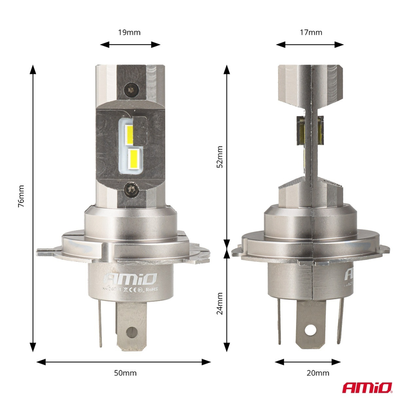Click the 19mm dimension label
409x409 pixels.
[129, 32]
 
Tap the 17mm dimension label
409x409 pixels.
[311, 32]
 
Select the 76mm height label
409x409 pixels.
[21, 196]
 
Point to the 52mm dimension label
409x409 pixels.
[220, 157]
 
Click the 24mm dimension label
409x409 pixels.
[220, 303]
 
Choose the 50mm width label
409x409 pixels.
[125, 373]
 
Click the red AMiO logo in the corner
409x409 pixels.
[367, 388]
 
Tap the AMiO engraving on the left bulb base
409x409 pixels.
[131, 279]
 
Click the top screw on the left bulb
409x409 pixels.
[131, 88]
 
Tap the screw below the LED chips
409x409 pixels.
[132, 189]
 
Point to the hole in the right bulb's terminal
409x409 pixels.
[311, 329]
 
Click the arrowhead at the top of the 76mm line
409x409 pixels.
[33, 70]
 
